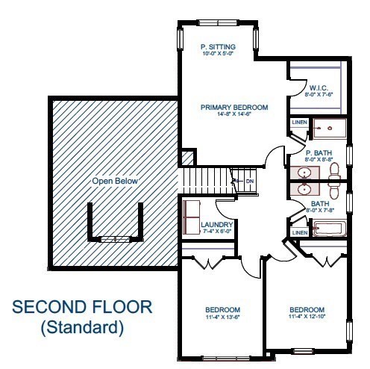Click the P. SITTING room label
pyautogui.click(x=218, y=46)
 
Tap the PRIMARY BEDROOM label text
pyautogui.click(x=234, y=108)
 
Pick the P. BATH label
pyautogui.click(x=318, y=152)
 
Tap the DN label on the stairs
pyautogui.click(x=250, y=182)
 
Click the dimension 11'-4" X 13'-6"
pyautogui.click(x=223, y=317)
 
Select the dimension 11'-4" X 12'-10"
pyautogui.click(x=307, y=317)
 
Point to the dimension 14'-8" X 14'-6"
pyautogui.click(x=234, y=115)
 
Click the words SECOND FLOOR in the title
pyautogui.click(x=82, y=307)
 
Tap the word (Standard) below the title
pyautogui.click(x=81, y=326)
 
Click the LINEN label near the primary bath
pyautogui.click(x=299, y=122)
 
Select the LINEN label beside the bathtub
pyautogui.click(x=300, y=232)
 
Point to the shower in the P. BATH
pyautogui.click(x=328, y=129)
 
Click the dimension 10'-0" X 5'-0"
pyautogui.click(x=218, y=54)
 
